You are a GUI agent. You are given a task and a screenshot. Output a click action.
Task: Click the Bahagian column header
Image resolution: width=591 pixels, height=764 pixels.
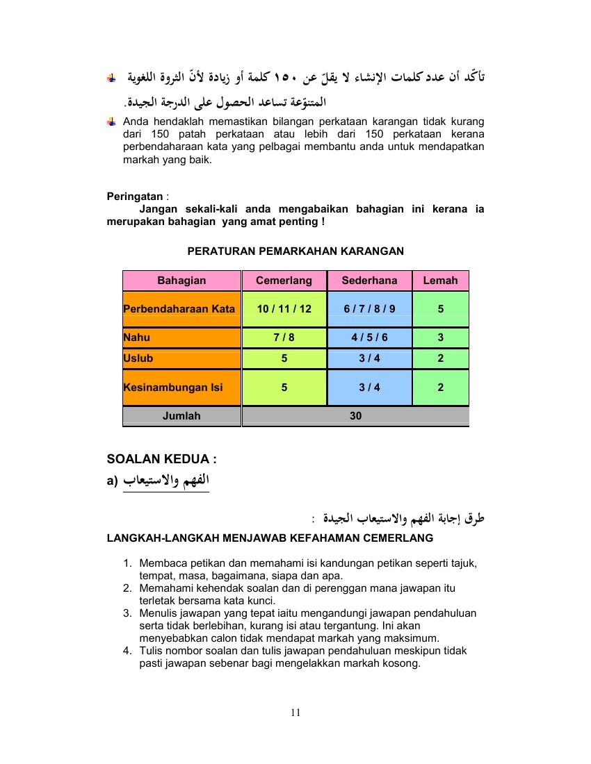[x=181, y=281]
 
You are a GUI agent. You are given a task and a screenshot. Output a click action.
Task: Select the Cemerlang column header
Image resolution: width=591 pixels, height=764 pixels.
[x=284, y=281]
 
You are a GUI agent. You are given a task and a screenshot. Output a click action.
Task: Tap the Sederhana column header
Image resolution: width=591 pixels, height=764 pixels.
[x=369, y=281]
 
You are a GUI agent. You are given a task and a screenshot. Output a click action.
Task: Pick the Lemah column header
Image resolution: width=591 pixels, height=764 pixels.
[x=440, y=281]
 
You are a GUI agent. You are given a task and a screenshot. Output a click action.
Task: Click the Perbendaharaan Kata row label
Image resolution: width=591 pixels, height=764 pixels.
[x=179, y=308]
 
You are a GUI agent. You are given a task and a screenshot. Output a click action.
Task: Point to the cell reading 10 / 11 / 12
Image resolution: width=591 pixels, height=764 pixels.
[x=284, y=308]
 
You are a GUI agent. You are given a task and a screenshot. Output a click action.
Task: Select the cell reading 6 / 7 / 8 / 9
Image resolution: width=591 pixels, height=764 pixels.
[x=369, y=308]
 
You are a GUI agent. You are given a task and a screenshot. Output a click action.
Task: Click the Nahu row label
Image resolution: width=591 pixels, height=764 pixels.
[x=137, y=338]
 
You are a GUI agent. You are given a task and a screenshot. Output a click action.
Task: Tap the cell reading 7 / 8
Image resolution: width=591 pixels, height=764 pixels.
[x=284, y=338]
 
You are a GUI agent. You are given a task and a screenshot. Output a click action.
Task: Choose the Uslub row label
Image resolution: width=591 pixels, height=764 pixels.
[x=138, y=358]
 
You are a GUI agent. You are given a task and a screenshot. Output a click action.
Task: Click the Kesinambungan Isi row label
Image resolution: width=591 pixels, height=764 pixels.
[x=173, y=388]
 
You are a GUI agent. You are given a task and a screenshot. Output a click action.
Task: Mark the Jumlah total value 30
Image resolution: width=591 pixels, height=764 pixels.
[x=355, y=416]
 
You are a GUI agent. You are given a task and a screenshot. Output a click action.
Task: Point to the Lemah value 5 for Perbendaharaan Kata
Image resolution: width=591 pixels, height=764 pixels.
[x=440, y=308]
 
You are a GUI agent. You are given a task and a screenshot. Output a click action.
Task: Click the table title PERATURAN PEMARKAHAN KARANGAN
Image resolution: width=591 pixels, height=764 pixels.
[x=295, y=251]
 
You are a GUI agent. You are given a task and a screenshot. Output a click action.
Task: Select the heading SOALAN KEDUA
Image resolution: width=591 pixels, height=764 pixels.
[x=161, y=459]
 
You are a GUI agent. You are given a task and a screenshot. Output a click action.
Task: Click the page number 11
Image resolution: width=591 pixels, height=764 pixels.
[x=295, y=712]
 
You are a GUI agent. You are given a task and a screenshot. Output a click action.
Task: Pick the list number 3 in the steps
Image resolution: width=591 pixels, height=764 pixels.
[x=127, y=613]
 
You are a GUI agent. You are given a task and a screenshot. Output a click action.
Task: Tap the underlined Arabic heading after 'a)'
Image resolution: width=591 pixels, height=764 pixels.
[x=167, y=481]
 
